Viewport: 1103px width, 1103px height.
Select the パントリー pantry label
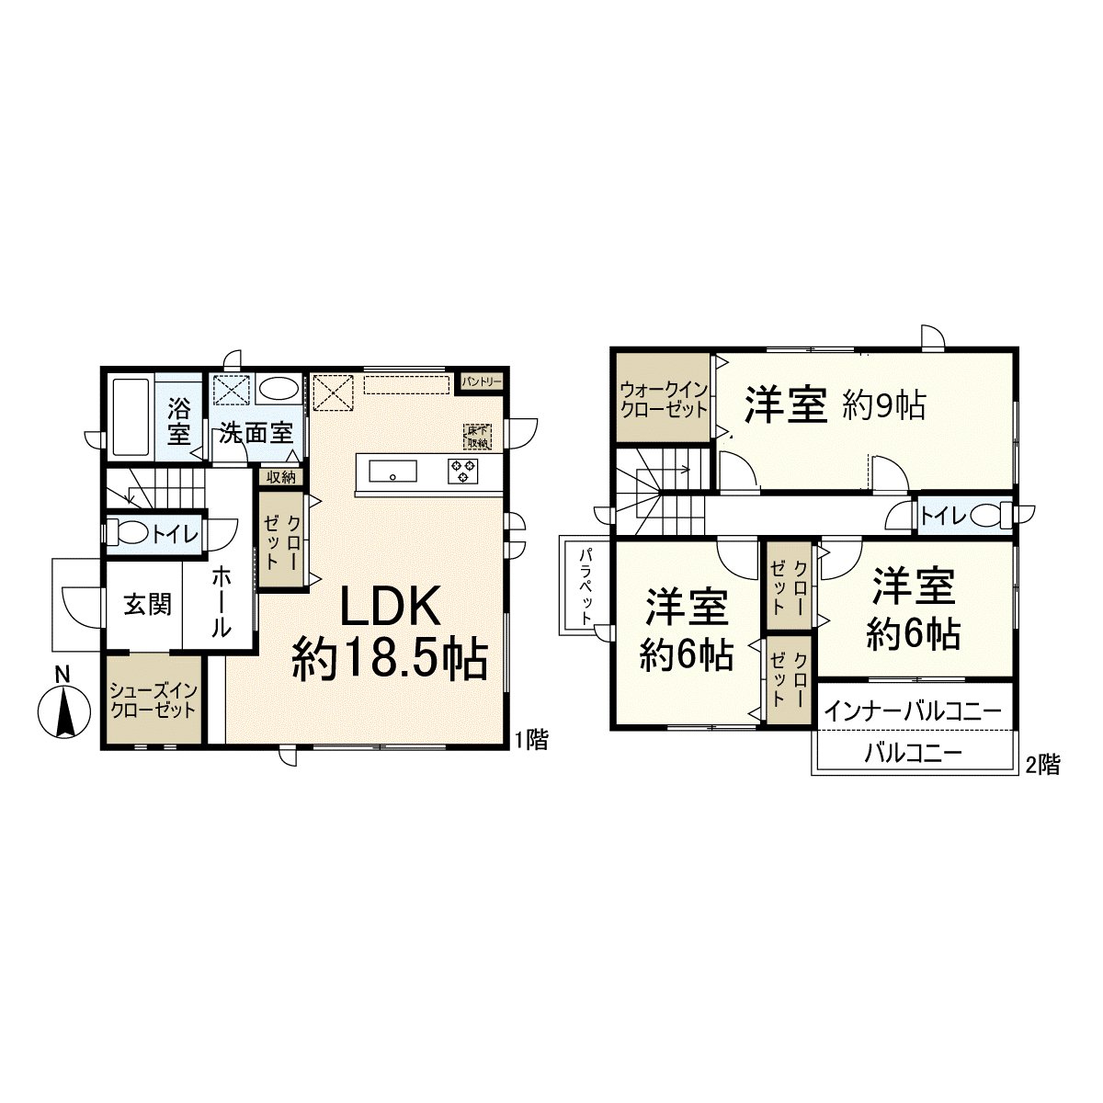pos(482,380)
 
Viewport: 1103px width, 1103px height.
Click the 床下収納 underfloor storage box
pos(477,437)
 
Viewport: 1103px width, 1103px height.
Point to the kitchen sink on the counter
pos(392,472)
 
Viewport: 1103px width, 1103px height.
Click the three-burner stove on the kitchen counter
pos(464,472)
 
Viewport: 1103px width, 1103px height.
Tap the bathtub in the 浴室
pos(131,418)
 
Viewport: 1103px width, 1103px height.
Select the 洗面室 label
pos(256,432)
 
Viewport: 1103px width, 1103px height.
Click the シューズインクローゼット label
pos(153,699)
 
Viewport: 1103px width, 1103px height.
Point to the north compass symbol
pos(63,707)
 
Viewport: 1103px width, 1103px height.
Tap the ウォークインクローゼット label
pos(664,398)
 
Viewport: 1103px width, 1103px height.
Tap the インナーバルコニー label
pos(912,711)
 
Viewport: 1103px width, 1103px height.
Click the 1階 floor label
pos(530,740)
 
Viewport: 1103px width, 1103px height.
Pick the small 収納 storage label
pos(281,476)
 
